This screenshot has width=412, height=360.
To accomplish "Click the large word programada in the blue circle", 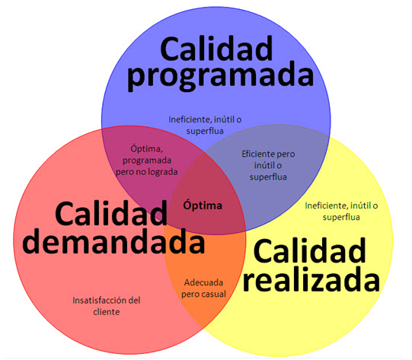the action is click(x=220, y=77).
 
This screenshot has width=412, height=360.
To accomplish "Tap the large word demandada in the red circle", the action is click(x=113, y=241).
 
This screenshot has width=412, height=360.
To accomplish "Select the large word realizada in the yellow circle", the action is click(x=311, y=279).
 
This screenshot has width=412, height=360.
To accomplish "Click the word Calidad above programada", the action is click(x=216, y=49).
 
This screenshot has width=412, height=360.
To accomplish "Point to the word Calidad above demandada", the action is click(x=111, y=213).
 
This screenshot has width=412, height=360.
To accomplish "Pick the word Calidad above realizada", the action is click(x=310, y=250).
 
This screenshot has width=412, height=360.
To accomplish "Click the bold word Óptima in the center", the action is click(x=203, y=205).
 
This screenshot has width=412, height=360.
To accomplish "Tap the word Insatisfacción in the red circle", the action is click(x=100, y=300).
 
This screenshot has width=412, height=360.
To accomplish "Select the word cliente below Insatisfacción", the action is click(x=107, y=312).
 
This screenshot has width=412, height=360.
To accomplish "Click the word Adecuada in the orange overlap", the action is click(x=203, y=282).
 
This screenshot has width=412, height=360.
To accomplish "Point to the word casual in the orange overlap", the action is click(x=215, y=294).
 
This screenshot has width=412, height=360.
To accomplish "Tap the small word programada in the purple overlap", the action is click(x=147, y=161).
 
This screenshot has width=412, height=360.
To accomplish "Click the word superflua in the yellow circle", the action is click(x=341, y=218).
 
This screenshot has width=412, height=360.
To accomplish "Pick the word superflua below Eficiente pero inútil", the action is click(x=268, y=177).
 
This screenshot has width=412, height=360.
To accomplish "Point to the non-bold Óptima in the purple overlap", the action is click(x=147, y=148).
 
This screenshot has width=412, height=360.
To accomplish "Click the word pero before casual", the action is click(x=191, y=295).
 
